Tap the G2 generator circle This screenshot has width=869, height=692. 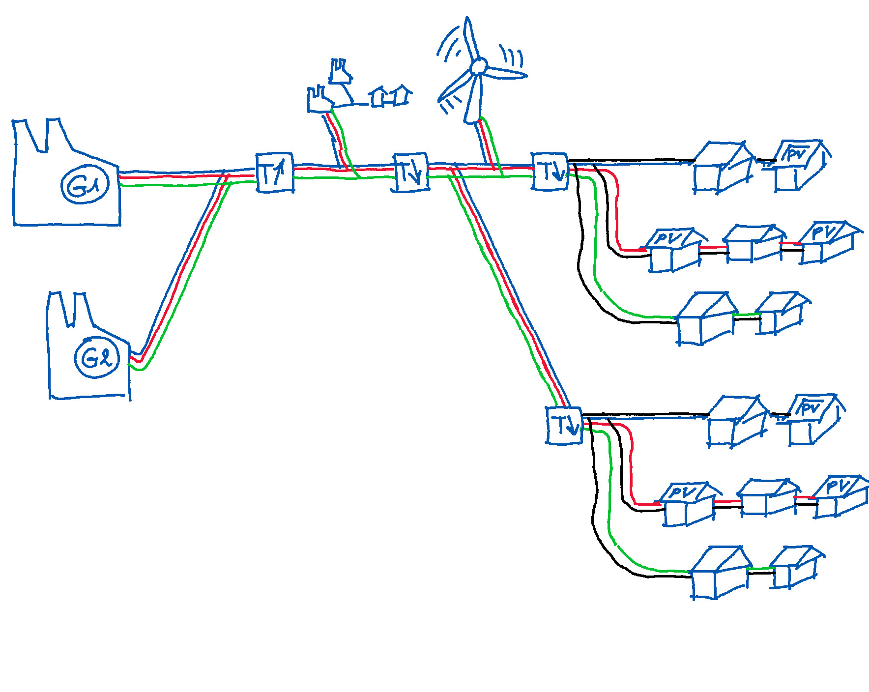coord(97,357)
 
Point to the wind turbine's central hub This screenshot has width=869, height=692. coord(478,66)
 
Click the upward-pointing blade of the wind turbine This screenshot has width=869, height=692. coord(469,39)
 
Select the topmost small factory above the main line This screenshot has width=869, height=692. coord(340,72)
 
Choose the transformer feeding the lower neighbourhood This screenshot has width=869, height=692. coord(564,426)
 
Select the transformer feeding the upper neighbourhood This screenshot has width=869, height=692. coord(550,171)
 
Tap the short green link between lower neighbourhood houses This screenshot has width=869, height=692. coord(761,569)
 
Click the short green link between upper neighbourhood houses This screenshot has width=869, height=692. coord(747,314)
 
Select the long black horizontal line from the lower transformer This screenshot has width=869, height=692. coord(644,415)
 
